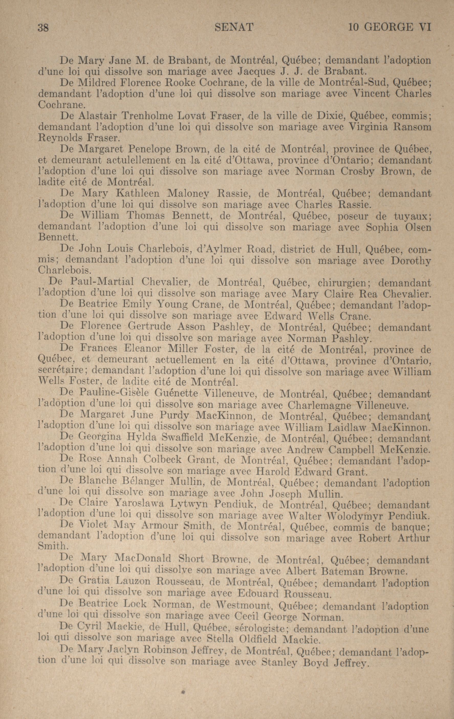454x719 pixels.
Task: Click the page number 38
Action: (44, 28)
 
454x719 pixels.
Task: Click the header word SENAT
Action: (234, 28)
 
